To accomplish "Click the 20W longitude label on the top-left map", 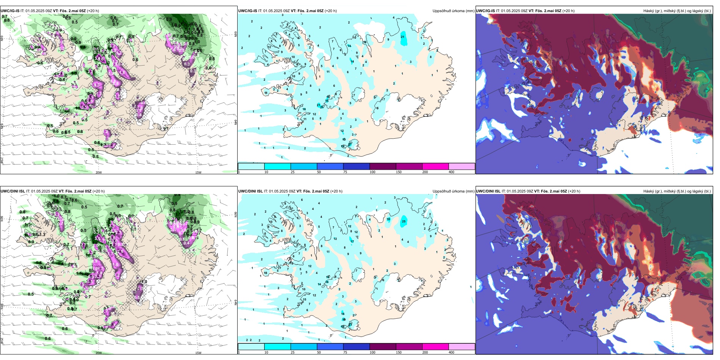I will point(99,172).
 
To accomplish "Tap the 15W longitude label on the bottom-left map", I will point(198,353).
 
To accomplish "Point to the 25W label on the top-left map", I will point(2,161).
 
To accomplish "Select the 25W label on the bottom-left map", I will point(2,341).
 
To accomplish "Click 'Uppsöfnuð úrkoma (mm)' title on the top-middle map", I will point(453,11).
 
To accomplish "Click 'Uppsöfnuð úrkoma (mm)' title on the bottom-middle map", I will point(453,191).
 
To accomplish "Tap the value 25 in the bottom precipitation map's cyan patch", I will point(404,222).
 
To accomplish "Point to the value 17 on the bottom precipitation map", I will point(352,241).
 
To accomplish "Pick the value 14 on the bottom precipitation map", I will point(319,284).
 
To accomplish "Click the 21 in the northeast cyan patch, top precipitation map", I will point(402,37).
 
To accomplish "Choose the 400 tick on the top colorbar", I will point(451,172).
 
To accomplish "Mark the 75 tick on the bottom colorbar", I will point(345,352).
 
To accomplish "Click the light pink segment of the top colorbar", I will point(462,166).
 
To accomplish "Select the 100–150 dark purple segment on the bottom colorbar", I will point(383,347).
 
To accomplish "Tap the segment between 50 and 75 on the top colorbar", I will point(330,166).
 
